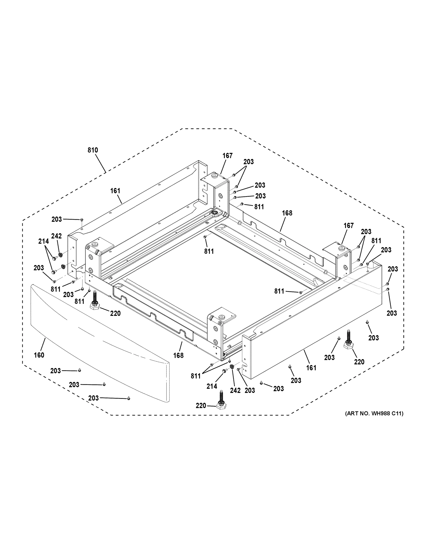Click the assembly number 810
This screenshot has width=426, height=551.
pos(93,150)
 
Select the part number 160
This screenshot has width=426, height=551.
pos(39,355)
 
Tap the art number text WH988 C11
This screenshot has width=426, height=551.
pos(374,413)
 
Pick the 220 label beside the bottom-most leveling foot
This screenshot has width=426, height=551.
pos(201,406)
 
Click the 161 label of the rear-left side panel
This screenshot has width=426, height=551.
pos(115,191)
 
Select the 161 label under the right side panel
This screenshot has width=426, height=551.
pos(311,368)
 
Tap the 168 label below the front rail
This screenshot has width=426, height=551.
pos(178,355)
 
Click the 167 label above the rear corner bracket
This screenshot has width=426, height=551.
pos(227,156)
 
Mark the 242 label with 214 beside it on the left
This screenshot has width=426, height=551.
pos(56,236)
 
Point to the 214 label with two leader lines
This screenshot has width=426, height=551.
pos(43,242)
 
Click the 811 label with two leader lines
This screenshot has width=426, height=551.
pos(196,376)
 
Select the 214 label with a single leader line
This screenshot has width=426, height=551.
pos(212,386)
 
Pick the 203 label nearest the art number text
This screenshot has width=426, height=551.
pos(373,337)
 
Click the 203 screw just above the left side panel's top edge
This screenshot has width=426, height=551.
pos(82,220)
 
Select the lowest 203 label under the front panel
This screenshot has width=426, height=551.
pos(93,398)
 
